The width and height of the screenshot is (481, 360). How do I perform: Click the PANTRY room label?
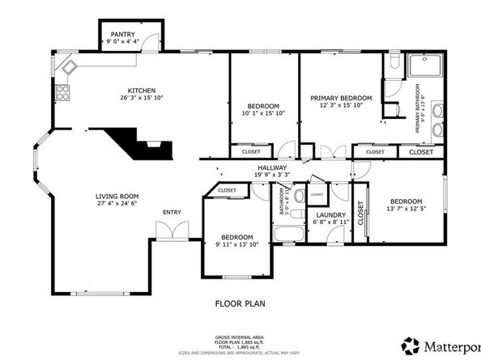click(x=122, y=34)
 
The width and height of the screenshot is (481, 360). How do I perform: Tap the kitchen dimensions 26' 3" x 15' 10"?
click(x=142, y=99)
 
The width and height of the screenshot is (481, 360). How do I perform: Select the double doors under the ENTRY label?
click(x=172, y=232)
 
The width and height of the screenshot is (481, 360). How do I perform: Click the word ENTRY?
click(x=172, y=213)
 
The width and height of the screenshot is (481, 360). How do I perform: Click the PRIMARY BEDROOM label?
click(x=341, y=97)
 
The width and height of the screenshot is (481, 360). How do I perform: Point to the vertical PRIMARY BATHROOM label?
click(x=419, y=108)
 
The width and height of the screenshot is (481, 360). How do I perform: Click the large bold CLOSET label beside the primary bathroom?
click(x=420, y=151)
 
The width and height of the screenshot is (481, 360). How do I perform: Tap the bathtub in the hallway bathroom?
click(x=287, y=235)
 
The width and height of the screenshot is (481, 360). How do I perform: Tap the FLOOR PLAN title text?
click(x=240, y=304)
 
